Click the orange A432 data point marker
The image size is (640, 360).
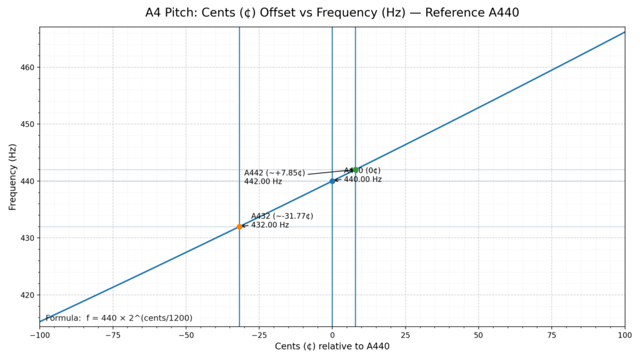(x=239, y=226)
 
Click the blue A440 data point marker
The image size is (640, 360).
(x=332, y=181)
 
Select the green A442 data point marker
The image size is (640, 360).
(x=356, y=169)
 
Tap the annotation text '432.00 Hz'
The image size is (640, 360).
(x=270, y=225)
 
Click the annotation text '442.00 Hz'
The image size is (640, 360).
(x=263, y=182)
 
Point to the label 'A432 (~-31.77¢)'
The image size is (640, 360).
(x=282, y=216)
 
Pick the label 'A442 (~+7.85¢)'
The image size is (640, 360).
(x=274, y=173)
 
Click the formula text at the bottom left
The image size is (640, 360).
(x=119, y=318)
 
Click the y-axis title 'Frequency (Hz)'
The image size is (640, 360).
(x=12, y=177)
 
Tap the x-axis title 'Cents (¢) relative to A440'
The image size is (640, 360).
(x=332, y=346)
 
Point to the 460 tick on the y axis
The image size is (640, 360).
(x=27, y=67)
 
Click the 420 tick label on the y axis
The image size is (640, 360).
(x=27, y=295)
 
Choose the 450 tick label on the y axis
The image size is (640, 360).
(x=27, y=124)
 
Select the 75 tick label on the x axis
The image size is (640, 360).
(x=552, y=334)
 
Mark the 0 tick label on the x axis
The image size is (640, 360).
(x=332, y=334)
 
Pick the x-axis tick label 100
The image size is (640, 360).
(x=625, y=334)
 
